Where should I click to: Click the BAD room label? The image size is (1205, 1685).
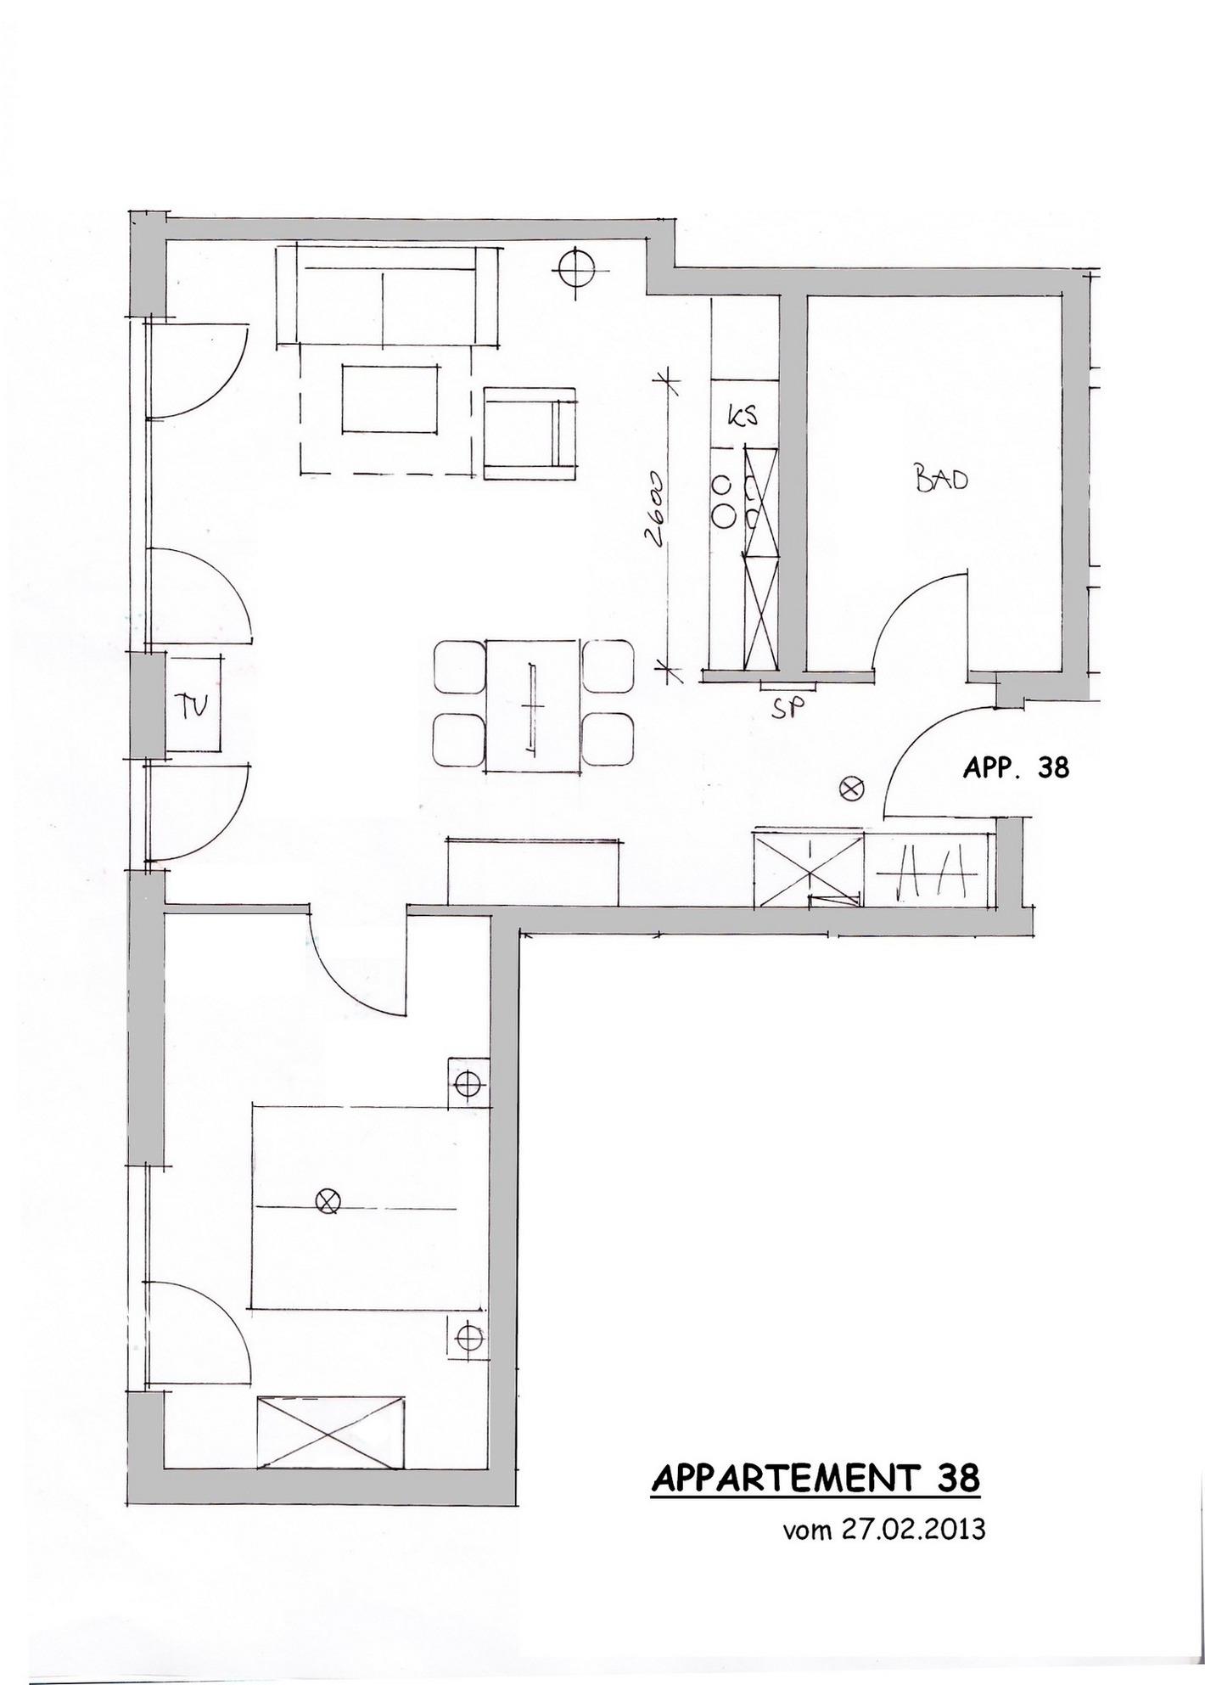[x=941, y=480]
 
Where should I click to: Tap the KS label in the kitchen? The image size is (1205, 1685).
[x=742, y=416]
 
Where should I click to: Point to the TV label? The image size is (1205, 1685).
[x=195, y=705]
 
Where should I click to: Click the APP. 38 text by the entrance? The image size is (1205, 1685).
[x=1016, y=768]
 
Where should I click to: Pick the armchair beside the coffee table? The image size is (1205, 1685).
[x=531, y=433]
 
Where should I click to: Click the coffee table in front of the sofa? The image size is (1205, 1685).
[x=391, y=399]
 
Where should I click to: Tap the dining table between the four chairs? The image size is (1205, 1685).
[x=534, y=705]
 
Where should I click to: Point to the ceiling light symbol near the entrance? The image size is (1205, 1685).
[x=850, y=789]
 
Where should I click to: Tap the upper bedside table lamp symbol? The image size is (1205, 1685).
[x=468, y=1084]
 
